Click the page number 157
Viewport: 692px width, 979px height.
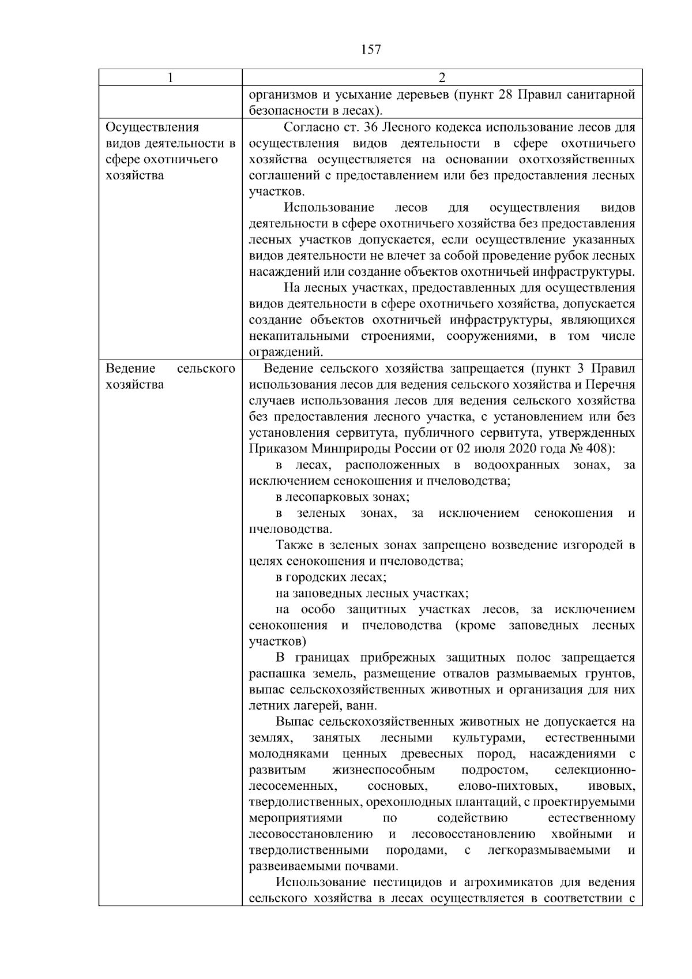coord(371,50)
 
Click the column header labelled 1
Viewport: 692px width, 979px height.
coord(170,78)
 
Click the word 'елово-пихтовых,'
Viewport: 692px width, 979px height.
coord(507,786)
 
